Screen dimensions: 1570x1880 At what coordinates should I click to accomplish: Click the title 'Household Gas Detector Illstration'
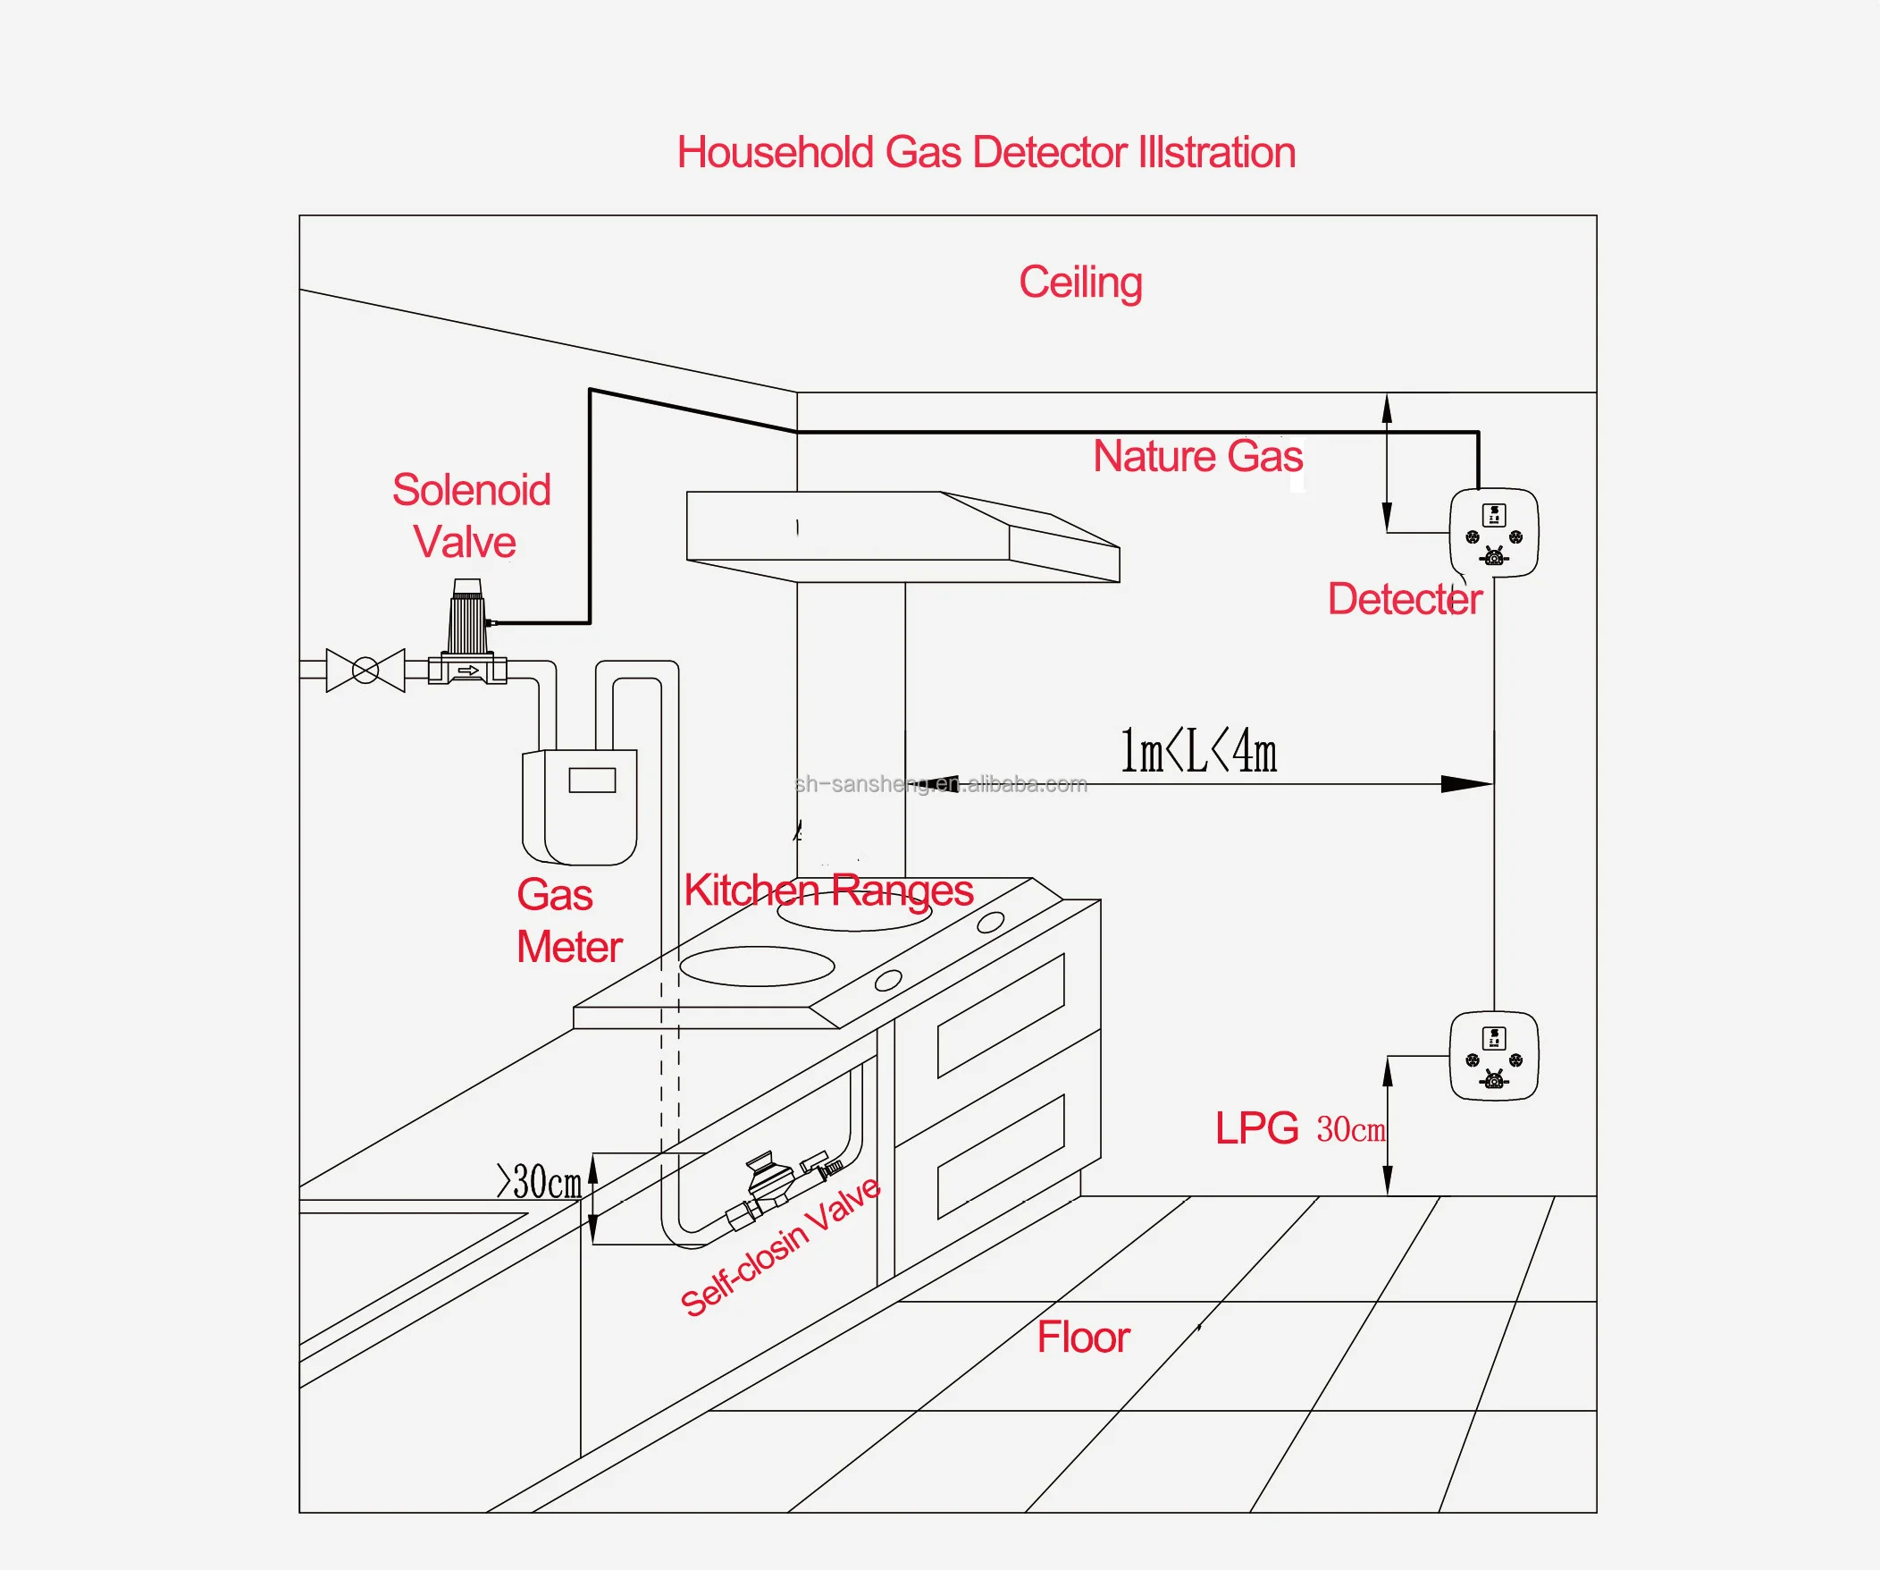pyautogui.click(x=986, y=152)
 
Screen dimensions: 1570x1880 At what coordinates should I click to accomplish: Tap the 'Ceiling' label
pyautogui.click(x=1080, y=283)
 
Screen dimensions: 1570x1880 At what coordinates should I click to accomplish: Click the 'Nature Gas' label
pyautogui.click(x=1198, y=457)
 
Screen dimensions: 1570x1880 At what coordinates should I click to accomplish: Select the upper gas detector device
pyautogui.click(x=1493, y=533)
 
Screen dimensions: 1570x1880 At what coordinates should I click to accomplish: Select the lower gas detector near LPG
pyautogui.click(x=1493, y=1056)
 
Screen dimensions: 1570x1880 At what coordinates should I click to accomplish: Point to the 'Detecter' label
pyautogui.click(x=1404, y=599)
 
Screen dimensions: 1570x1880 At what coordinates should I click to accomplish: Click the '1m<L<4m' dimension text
pyautogui.click(x=1198, y=751)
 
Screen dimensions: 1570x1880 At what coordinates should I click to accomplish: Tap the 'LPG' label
pyautogui.click(x=1256, y=1128)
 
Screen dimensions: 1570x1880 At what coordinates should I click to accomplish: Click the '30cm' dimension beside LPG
pyautogui.click(x=1350, y=1130)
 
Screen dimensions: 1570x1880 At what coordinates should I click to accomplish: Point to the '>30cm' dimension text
pyautogui.click(x=539, y=1182)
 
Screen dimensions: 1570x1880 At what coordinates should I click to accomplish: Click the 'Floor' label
pyautogui.click(x=1083, y=1338)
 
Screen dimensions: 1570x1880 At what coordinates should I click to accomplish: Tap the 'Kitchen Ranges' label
pyautogui.click(x=828, y=891)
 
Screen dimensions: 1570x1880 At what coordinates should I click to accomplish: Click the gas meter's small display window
pyautogui.click(x=592, y=780)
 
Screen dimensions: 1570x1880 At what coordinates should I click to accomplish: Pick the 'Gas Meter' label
pyautogui.click(x=567, y=921)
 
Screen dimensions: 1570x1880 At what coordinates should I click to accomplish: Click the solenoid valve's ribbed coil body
pyautogui.click(x=467, y=622)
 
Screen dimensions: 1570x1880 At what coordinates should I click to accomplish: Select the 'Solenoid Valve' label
pyautogui.click(x=471, y=516)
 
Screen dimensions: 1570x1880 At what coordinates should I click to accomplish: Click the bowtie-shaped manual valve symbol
pyautogui.click(x=365, y=670)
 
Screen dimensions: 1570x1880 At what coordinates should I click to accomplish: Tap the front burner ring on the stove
pyautogui.click(x=757, y=966)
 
